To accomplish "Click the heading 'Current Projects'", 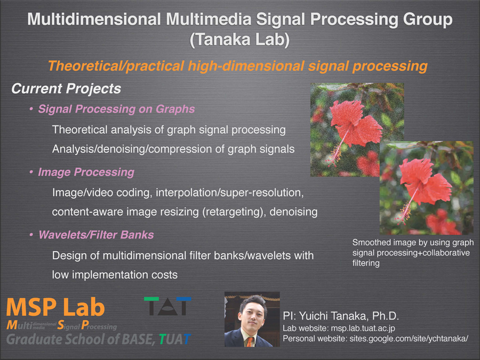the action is pos(66,89).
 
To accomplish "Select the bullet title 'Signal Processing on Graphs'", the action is pos(116,109).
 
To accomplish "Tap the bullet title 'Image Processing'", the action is pos(86,172).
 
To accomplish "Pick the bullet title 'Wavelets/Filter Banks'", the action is pos(96,235).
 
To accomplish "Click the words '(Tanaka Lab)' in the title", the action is pos(239,39).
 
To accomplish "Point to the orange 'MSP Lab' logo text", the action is pos(55,307).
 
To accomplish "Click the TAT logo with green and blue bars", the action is pos(167,306).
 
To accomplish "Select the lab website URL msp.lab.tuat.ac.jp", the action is pos(363,329).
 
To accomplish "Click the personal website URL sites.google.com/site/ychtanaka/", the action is pos(409,339).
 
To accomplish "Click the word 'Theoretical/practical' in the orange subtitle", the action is pos(116,66).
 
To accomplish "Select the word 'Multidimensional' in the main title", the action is pos(94,19).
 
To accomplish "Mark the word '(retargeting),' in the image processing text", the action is pos(234,212).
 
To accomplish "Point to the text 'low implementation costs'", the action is pos(115,275).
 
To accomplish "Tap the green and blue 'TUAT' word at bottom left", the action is pos(175,339).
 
